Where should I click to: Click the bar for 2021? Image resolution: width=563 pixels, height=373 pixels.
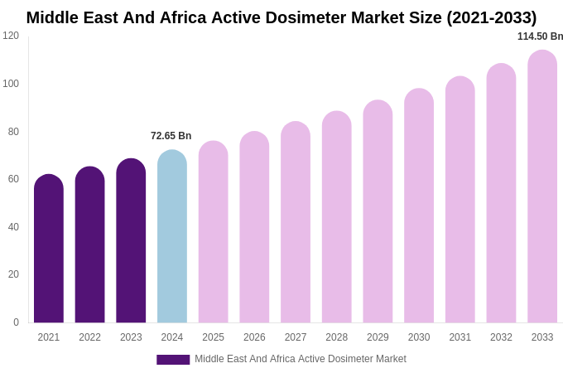point(49,249)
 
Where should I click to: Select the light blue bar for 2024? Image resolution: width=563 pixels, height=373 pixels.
point(172,236)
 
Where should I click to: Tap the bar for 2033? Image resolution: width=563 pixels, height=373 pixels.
point(542,186)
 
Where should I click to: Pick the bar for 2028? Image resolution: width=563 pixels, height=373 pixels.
point(337,217)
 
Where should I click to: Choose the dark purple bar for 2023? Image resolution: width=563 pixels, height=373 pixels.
point(131,240)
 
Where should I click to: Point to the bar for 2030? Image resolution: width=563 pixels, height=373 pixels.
point(419,206)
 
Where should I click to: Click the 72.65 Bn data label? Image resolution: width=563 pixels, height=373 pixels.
point(171,136)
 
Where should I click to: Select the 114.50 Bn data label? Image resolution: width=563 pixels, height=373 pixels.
point(540,36)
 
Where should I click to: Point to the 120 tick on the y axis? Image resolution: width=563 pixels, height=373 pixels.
point(11,36)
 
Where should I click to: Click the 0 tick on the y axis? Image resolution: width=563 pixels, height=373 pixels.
point(16,322)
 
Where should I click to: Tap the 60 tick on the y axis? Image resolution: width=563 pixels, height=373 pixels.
point(13,179)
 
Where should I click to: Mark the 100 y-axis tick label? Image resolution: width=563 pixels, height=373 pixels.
point(11,84)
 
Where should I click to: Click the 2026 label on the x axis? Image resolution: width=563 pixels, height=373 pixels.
point(254,337)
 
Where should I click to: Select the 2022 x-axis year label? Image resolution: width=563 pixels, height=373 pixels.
point(89,337)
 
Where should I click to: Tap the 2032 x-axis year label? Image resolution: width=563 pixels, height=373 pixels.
point(501,337)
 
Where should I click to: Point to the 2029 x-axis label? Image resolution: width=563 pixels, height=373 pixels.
point(378,337)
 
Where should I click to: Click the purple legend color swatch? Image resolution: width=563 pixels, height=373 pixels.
point(173,360)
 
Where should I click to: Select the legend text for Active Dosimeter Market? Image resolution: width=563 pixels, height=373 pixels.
point(300,359)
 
